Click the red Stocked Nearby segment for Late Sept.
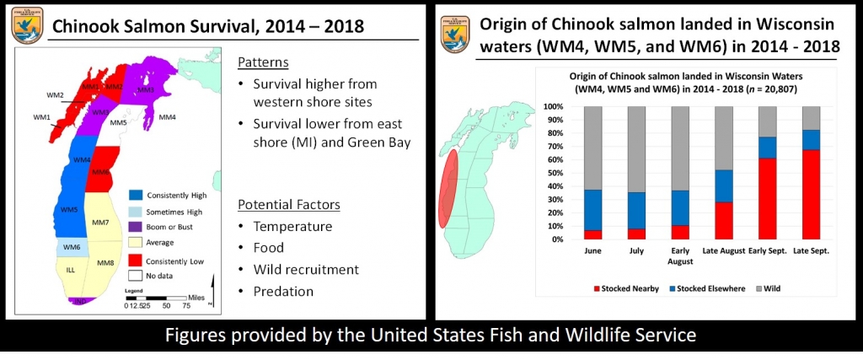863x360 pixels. (x=812, y=194)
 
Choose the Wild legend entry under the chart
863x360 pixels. (x=769, y=287)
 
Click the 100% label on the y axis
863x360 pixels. (x=555, y=107)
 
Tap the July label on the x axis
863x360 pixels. (x=636, y=250)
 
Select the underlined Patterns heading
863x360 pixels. (x=262, y=62)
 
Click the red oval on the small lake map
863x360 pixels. (x=447, y=188)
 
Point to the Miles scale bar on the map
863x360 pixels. (x=160, y=298)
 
